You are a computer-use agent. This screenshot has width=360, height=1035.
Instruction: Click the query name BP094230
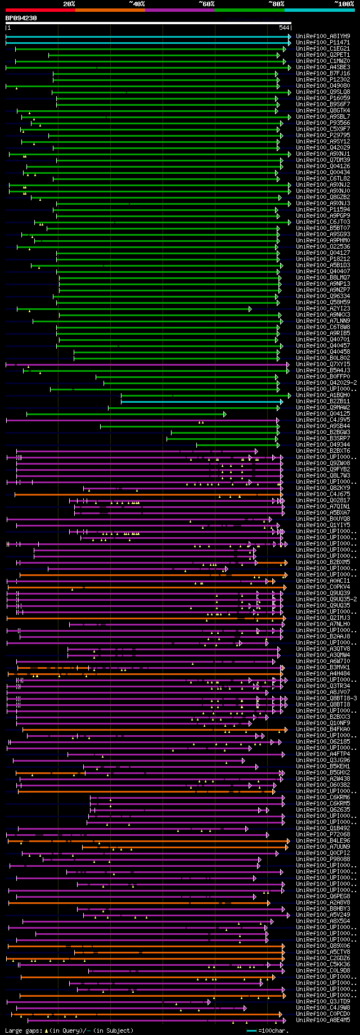pyautogui.click(x=21, y=18)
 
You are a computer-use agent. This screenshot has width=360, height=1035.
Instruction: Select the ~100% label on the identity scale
pyautogui.click(x=344, y=4)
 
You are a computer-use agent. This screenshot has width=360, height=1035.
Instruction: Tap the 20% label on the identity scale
pyautogui.click(x=69, y=4)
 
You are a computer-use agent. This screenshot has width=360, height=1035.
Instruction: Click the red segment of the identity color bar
pyautogui.click(x=40, y=10)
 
